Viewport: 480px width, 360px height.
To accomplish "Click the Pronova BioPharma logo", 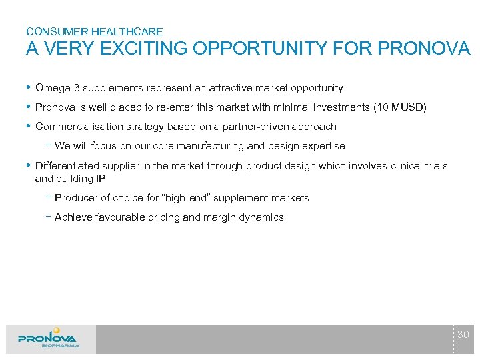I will pyautogui.click(x=48, y=338).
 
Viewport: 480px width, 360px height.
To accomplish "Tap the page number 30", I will pyautogui.click(x=463, y=334).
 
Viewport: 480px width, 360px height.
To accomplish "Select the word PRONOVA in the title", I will pyautogui.click(x=424, y=49).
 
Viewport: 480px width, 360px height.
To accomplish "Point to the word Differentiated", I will pyautogui.click(x=65, y=166).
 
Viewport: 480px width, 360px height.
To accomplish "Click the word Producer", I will pyautogui.click(x=75, y=198).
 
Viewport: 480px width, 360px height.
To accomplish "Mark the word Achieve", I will pyautogui.click(x=73, y=217).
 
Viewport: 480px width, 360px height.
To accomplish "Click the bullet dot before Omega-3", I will pyautogui.click(x=29, y=88).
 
